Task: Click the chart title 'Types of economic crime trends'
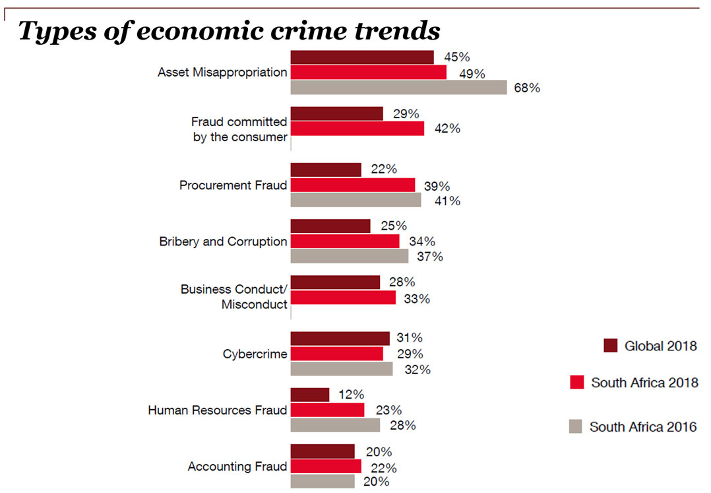click(229, 30)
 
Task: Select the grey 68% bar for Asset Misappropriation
click(398, 88)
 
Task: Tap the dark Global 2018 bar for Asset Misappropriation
click(362, 57)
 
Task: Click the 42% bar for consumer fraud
click(357, 129)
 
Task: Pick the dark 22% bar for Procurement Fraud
click(326, 170)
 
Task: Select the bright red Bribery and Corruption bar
click(345, 242)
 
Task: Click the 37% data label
click(430, 257)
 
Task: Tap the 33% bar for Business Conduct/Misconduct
click(343, 298)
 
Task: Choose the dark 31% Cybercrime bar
click(340, 339)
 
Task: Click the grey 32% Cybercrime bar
click(342, 369)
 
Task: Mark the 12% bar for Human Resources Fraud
click(310, 395)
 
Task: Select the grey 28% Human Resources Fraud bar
click(335, 425)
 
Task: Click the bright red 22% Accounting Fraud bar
click(326, 467)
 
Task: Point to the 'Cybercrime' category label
click(255, 354)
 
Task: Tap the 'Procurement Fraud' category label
click(233, 185)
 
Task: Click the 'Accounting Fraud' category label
click(237, 467)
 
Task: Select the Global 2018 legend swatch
click(611, 346)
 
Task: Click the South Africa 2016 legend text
click(643, 427)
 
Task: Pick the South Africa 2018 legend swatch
click(576, 382)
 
